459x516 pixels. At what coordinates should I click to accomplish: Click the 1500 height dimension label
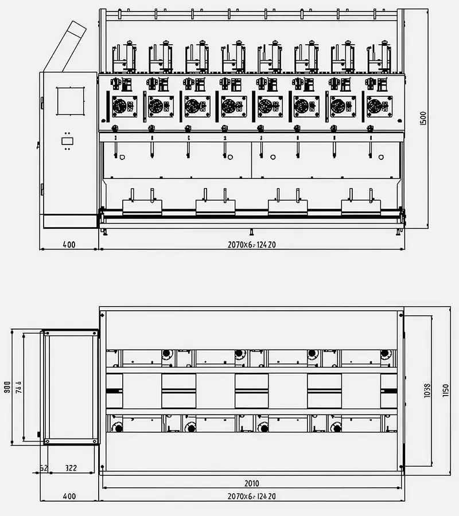point(423,118)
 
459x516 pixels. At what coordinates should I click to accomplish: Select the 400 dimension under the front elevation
point(69,245)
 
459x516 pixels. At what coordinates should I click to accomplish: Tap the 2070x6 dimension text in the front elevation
point(252,245)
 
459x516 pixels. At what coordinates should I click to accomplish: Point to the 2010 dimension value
point(251,483)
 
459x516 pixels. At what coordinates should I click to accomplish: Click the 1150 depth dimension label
point(445,390)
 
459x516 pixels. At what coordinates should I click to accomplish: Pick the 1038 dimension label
point(427,390)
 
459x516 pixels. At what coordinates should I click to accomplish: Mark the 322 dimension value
point(71,468)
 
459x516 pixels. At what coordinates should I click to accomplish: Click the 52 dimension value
point(44,468)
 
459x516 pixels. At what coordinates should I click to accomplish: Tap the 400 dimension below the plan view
point(69,496)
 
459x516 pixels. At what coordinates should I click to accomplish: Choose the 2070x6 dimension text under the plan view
point(252,496)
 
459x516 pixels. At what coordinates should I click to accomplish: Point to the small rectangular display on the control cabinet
point(67,140)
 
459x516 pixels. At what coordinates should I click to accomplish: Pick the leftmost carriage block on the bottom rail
point(142,207)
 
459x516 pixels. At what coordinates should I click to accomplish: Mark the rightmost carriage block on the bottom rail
point(361,207)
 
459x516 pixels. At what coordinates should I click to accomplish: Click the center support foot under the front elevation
point(252,233)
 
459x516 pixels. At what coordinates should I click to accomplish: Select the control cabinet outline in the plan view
point(71,386)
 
